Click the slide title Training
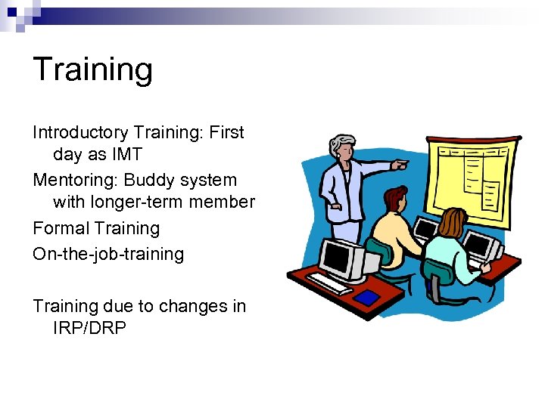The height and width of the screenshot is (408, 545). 92,70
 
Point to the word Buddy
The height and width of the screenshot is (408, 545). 148,181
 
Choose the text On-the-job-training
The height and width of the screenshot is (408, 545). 108,253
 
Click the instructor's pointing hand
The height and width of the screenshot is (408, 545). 400,163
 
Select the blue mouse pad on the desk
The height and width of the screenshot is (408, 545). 368,298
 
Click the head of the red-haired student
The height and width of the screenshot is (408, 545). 394,200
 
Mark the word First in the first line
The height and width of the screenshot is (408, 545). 226,133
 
